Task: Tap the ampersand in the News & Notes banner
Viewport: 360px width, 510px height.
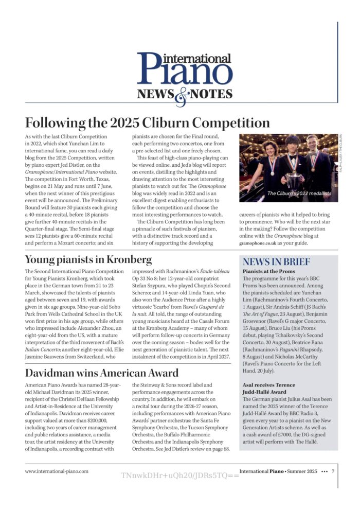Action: [x=181, y=95]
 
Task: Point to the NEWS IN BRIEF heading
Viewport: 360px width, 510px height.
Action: [x=276, y=261]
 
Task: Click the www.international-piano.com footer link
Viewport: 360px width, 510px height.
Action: [x=57, y=470]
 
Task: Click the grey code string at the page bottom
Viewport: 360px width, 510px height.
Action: [x=180, y=476]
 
